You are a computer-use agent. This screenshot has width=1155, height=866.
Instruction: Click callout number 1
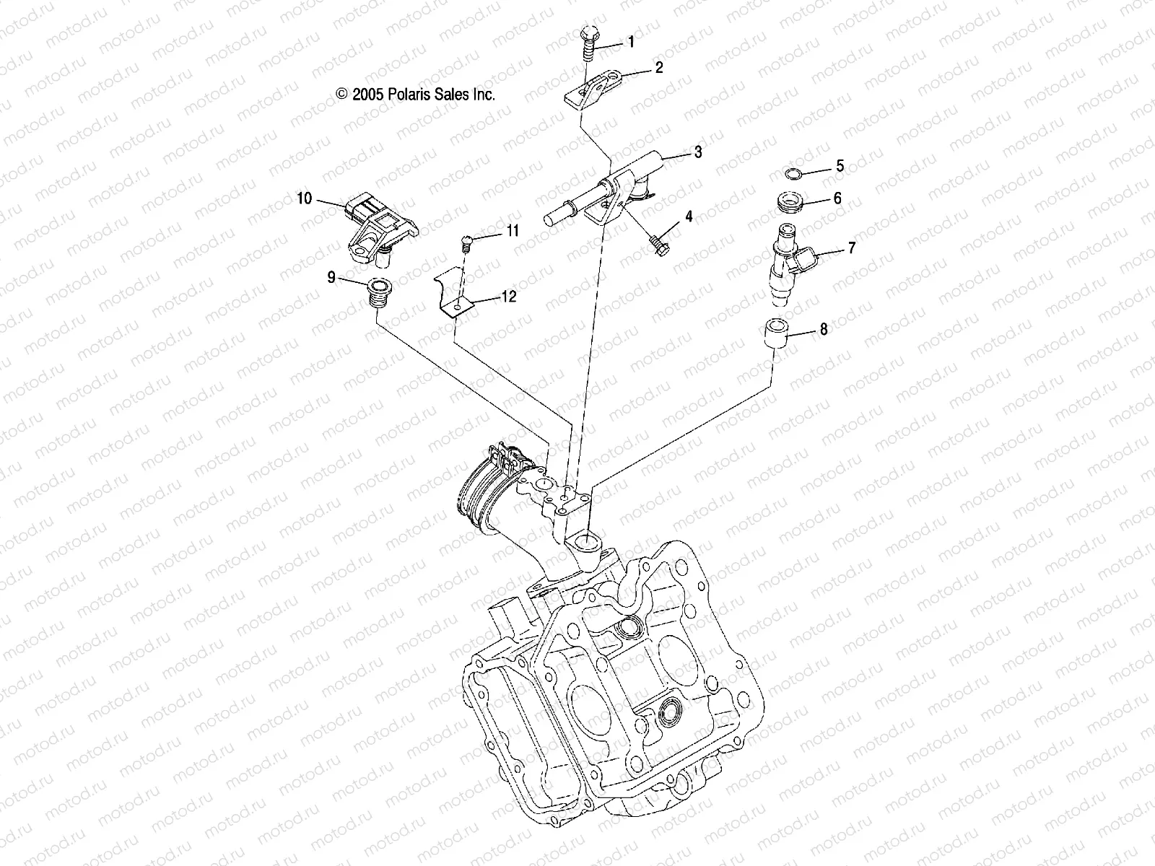(631, 43)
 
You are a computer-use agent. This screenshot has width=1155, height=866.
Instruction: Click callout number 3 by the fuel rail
(697, 152)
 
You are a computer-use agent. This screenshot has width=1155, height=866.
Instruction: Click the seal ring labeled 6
(790, 202)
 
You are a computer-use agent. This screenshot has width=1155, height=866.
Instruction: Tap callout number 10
(305, 198)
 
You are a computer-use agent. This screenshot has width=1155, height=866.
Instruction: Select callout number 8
(824, 331)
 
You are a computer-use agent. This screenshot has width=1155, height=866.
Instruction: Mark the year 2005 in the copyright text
(366, 95)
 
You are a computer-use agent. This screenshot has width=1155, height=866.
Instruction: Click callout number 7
(852, 248)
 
